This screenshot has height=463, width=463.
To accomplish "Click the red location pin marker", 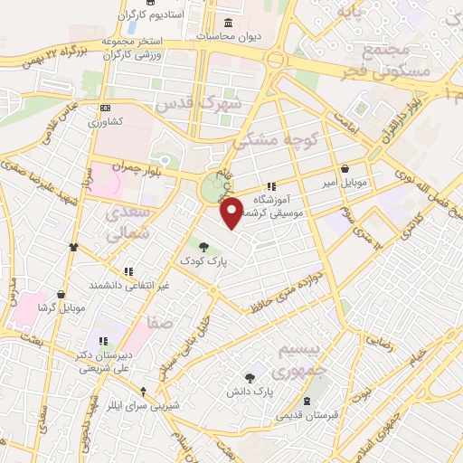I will point(232,212).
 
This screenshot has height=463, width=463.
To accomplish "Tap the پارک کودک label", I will point(203,260).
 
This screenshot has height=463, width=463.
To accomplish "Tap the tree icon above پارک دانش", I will point(250,377).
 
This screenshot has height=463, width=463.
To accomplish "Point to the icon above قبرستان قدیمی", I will point(308,401).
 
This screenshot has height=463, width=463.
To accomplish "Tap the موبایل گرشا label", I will point(61,307).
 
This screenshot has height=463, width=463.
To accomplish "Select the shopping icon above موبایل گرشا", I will point(61,294).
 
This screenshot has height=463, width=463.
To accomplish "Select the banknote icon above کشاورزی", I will point(105,108).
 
